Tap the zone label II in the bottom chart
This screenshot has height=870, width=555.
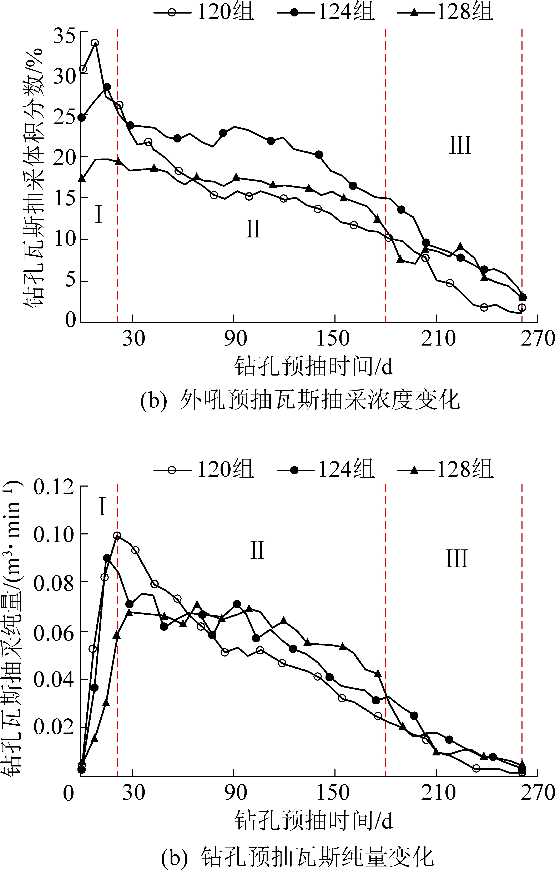(x=257, y=551)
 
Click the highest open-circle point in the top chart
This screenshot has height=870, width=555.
(x=95, y=43)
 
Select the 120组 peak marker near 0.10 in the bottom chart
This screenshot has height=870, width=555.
(x=117, y=536)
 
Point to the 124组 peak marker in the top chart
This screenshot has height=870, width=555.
(x=107, y=87)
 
